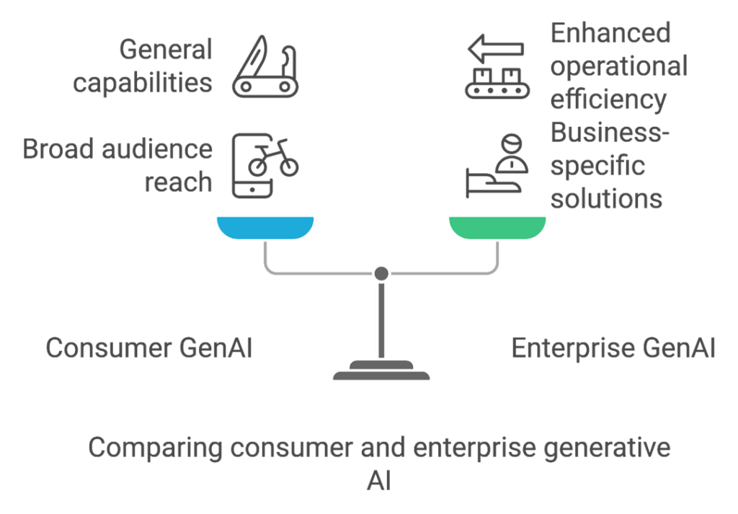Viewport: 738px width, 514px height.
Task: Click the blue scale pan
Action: (x=265, y=227)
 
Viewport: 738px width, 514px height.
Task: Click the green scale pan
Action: (x=497, y=227)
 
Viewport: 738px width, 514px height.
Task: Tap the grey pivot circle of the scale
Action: (x=381, y=273)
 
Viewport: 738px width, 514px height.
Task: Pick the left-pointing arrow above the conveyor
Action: (x=496, y=50)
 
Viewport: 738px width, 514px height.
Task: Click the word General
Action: (x=166, y=50)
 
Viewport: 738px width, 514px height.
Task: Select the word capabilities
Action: (x=143, y=83)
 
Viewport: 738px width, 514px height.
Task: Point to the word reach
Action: (x=179, y=182)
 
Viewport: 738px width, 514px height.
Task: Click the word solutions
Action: (x=605, y=198)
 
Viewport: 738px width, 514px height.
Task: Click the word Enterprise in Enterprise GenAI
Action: (x=573, y=348)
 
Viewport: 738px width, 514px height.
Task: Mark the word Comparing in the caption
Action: (x=154, y=448)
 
